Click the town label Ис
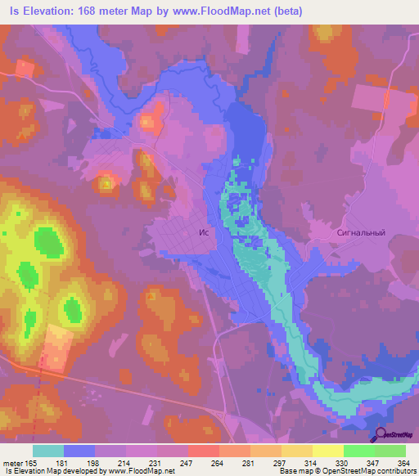[x=205, y=232]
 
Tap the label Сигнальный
[x=360, y=232]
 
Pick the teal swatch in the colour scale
[x=48, y=451]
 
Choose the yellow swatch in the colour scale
[x=327, y=451]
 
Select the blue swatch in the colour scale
[x=79, y=451]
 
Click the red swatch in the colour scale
[x=203, y=451]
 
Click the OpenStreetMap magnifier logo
[x=381, y=434]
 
